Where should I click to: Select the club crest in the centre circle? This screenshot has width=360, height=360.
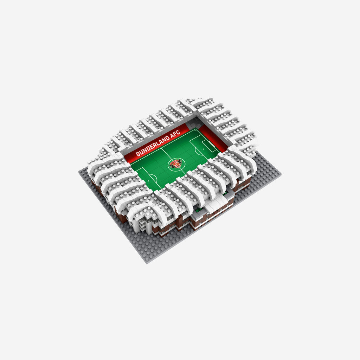pyautogui.click(x=176, y=164)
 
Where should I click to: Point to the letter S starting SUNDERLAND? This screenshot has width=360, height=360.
pyautogui.click(x=138, y=154)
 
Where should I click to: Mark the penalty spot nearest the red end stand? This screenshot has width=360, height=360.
pyautogui.click(x=203, y=149)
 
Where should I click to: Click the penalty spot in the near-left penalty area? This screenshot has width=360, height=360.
pyautogui.click(x=148, y=181)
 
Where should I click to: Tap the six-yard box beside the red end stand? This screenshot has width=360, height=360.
pyautogui.click(x=209, y=145)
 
